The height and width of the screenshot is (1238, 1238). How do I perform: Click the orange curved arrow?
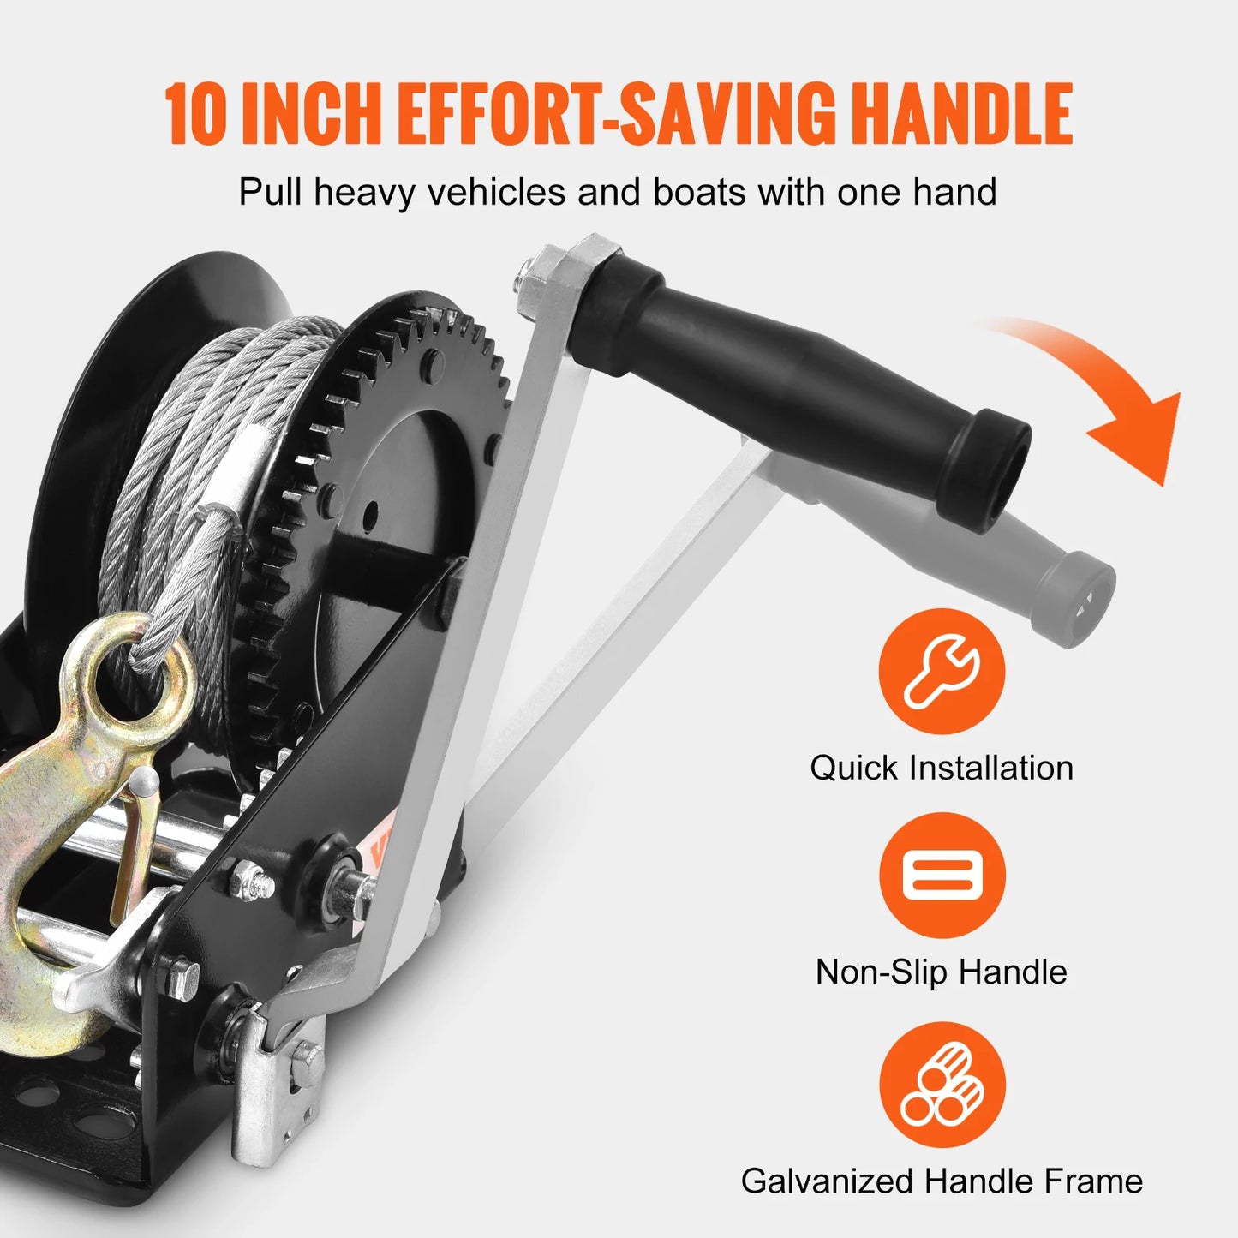[1105, 386]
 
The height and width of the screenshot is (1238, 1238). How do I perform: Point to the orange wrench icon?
[942, 671]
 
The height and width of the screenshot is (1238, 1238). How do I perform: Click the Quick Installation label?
[942, 768]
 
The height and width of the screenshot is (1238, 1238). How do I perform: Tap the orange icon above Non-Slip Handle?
[942, 875]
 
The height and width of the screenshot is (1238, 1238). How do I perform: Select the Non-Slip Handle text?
[942, 972]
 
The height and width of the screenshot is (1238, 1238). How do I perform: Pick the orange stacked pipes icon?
[942, 1085]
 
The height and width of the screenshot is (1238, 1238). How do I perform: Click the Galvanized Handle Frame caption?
[942, 1181]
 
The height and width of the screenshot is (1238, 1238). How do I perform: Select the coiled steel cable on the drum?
[214, 446]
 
